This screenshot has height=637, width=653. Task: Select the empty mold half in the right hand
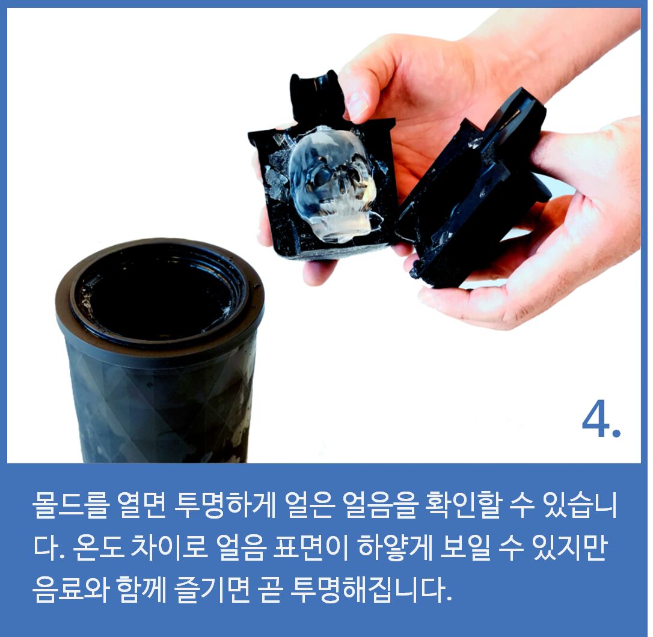click(471, 187)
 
